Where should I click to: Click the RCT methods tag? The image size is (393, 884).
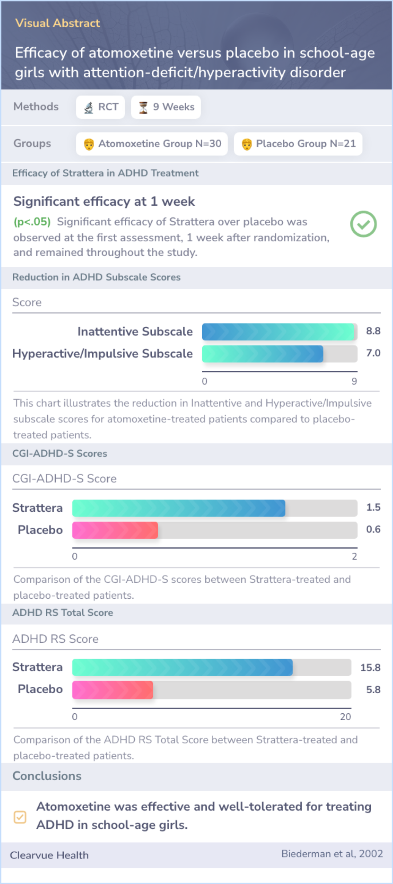(100, 107)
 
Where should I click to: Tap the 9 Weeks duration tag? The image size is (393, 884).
(166, 107)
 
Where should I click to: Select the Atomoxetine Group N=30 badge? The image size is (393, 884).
(152, 144)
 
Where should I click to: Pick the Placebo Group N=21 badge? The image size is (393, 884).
(298, 144)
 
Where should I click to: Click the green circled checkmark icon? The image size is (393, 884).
(363, 224)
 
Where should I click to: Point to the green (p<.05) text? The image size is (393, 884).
(32, 222)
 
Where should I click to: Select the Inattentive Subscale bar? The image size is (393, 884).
(278, 332)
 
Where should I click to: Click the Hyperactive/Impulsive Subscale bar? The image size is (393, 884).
(262, 354)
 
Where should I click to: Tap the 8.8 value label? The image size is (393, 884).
(373, 331)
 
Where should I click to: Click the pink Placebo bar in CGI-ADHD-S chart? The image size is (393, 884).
(115, 530)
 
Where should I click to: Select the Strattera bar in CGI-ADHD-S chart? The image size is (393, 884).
(179, 508)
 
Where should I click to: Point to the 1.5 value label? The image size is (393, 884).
(373, 507)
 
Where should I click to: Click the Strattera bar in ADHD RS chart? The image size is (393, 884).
(182, 667)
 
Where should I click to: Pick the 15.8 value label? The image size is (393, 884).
(370, 667)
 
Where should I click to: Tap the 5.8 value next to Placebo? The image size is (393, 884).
(373, 690)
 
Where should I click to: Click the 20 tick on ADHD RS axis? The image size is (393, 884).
(345, 717)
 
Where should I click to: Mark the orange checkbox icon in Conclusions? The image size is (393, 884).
(20, 817)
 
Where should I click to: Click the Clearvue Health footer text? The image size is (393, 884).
(49, 855)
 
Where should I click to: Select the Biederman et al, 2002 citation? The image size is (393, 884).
(332, 854)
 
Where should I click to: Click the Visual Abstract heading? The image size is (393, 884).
(57, 23)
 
